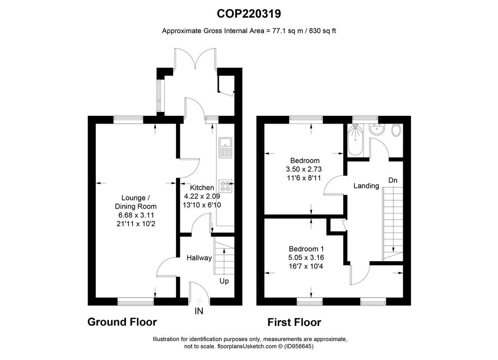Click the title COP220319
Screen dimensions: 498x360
coord(249,14)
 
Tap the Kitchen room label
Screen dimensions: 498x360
coord(202,187)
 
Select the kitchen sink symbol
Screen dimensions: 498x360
coord(225,147)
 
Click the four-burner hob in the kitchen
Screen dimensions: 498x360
coord(225,186)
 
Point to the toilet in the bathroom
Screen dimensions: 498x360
coord(396,130)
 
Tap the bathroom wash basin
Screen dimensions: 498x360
coord(377,129)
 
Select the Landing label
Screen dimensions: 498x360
coord(366,185)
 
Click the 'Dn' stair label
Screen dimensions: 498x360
coord(393,180)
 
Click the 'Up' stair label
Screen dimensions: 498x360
coord(224,281)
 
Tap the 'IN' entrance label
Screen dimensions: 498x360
coord(199,311)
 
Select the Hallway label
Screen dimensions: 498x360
coord(199,258)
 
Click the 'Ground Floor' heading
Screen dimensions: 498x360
coord(122,322)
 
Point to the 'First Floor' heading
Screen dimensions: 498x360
coord(294,322)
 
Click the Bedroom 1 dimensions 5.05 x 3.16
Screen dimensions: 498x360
coord(306,258)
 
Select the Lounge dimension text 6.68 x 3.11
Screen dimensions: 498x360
coord(136,215)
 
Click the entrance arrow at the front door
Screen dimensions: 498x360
coord(199,301)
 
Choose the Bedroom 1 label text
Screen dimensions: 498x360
coord(306,249)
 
